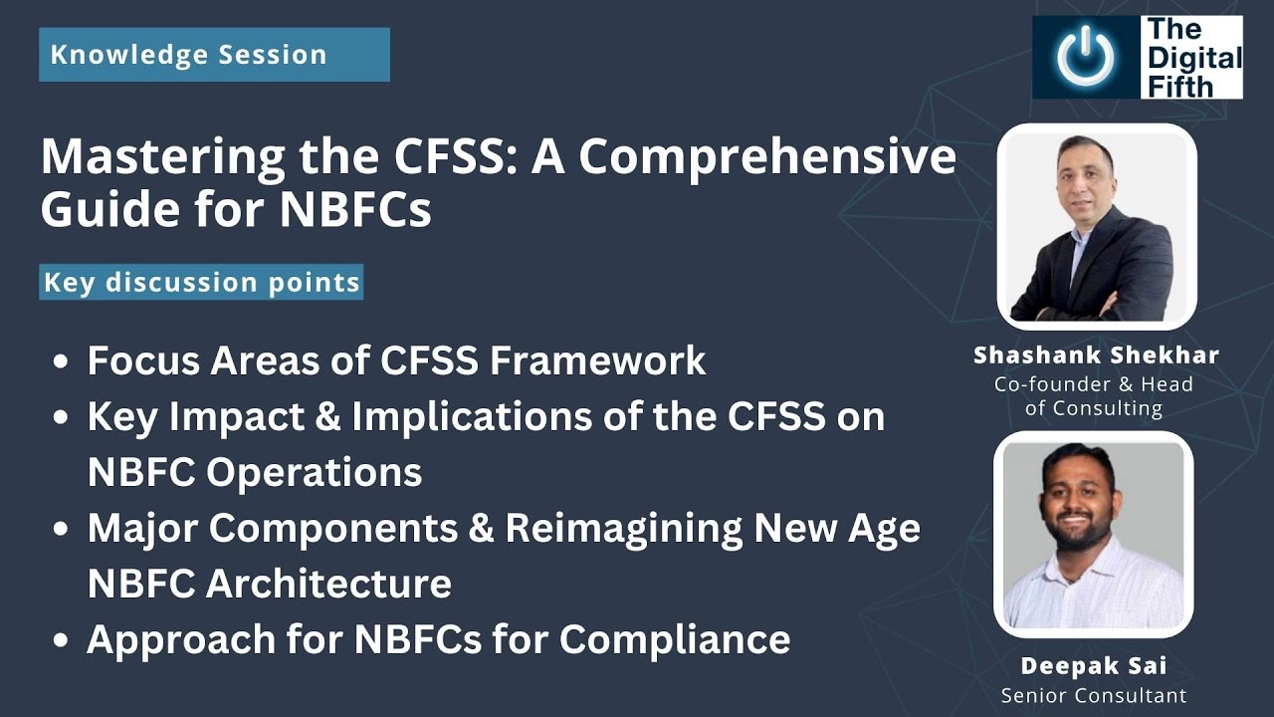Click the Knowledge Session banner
pyautogui.click(x=214, y=54)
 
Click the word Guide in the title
pyautogui.click(x=105, y=210)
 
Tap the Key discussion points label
pyautogui.click(x=202, y=282)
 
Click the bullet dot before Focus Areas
pyautogui.click(x=62, y=361)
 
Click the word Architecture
pyautogui.click(x=328, y=583)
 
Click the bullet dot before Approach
pyautogui.click(x=62, y=640)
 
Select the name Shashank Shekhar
pyautogui.click(x=1096, y=356)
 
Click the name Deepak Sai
pyautogui.click(x=1094, y=665)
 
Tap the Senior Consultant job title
pyautogui.click(x=1094, y=695)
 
